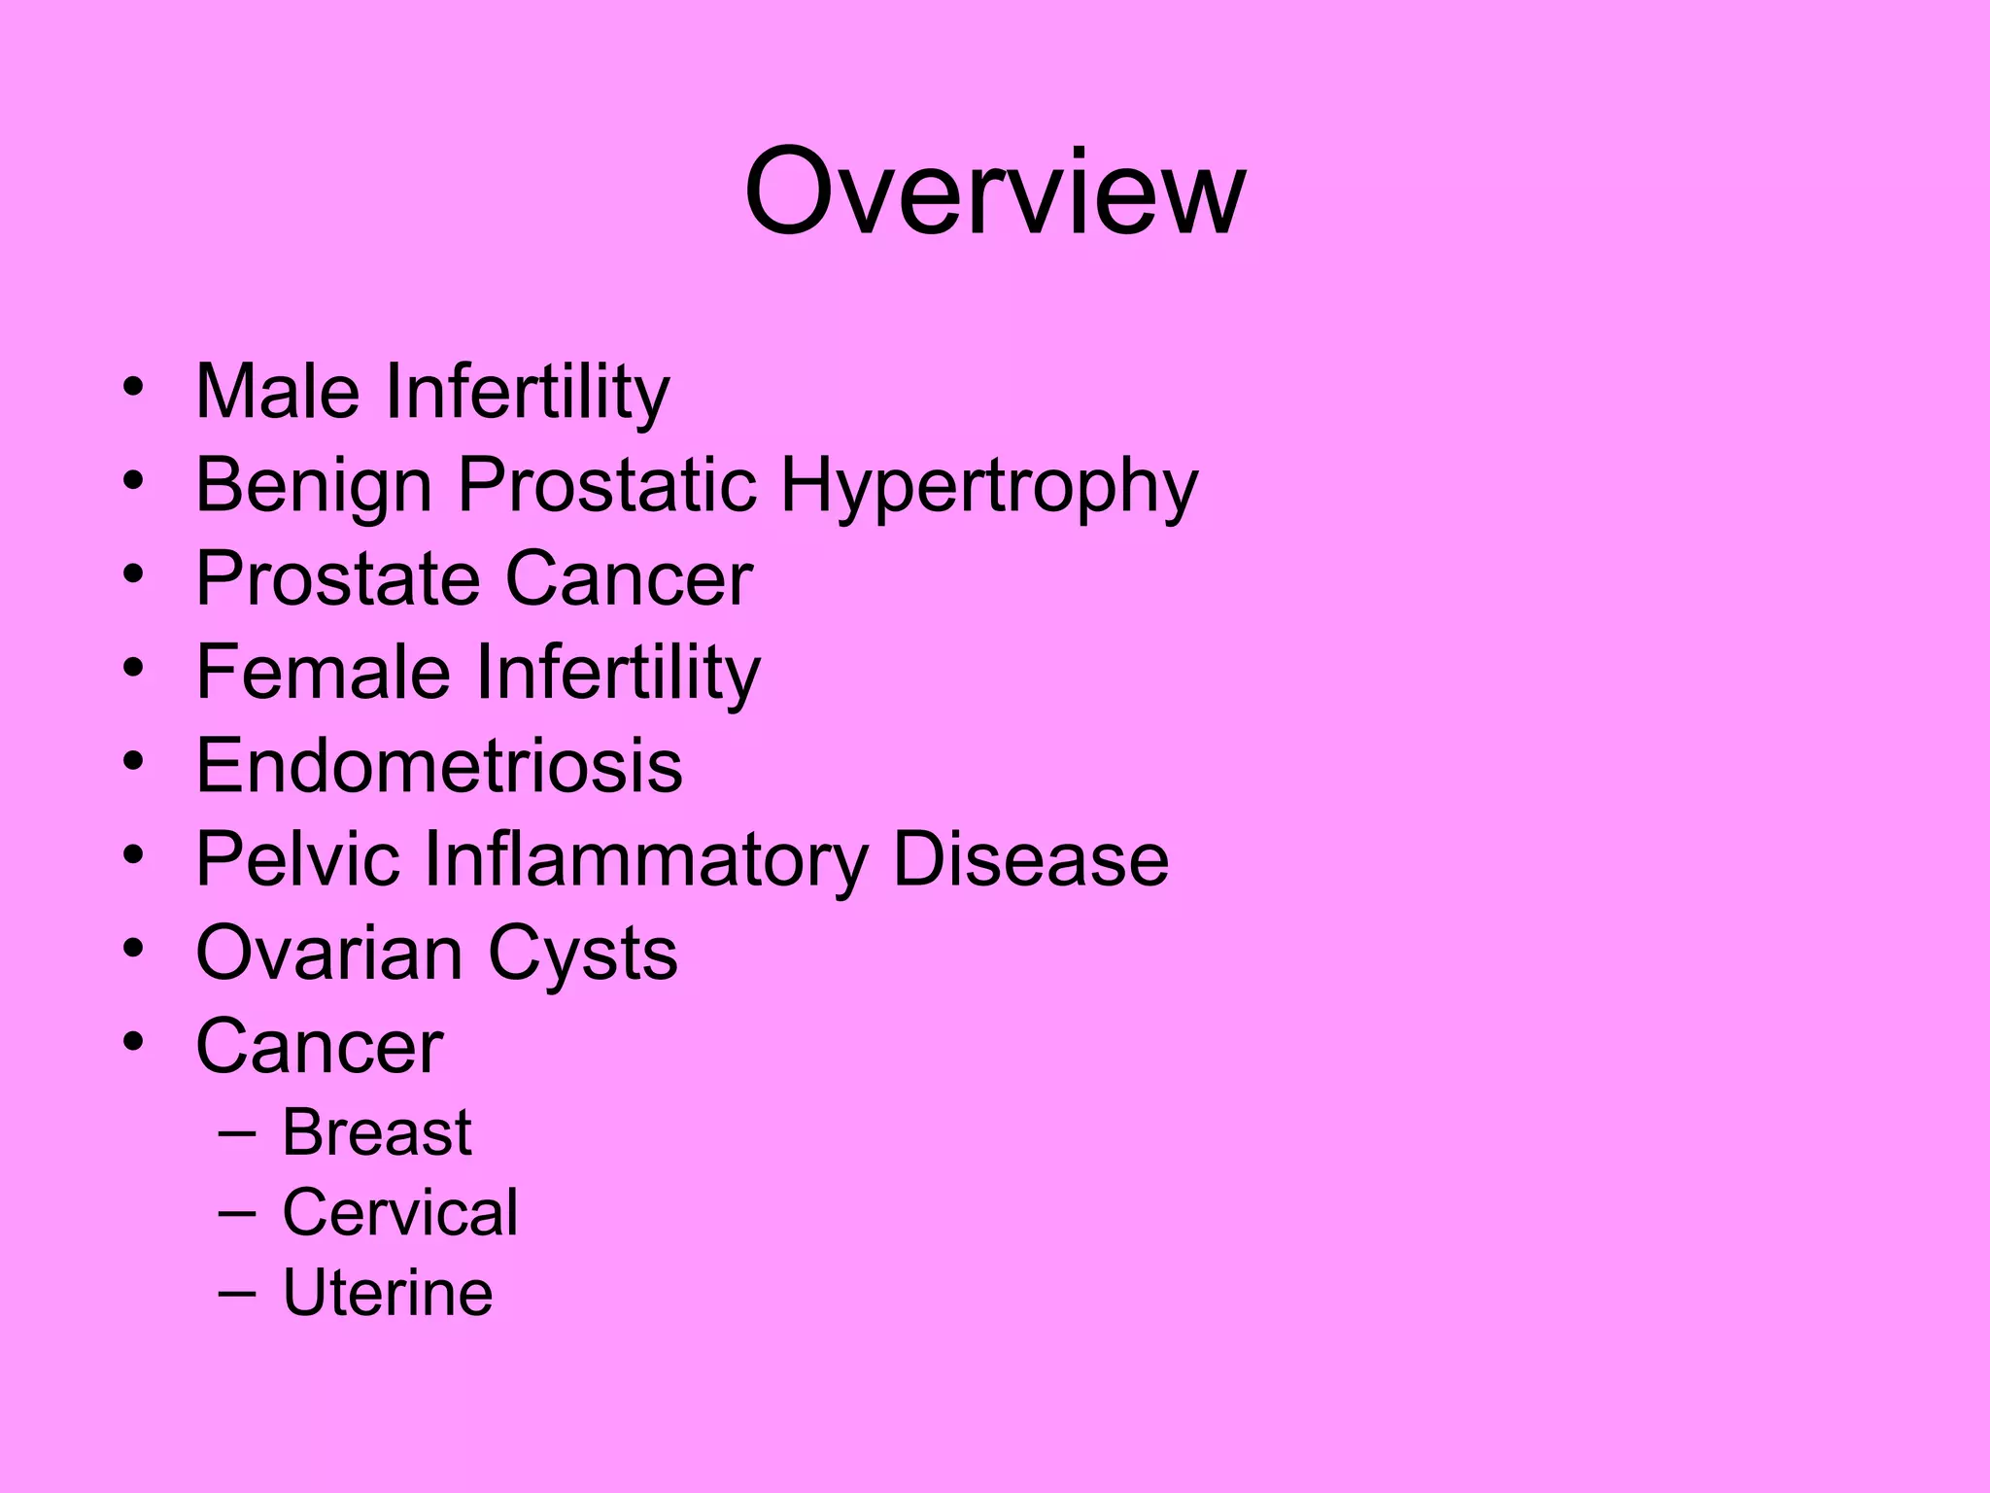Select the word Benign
(x=313, y=485)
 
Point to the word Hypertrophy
(x=989, y=485)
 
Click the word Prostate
(x=338, y=578)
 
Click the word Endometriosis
(x=439, y=765)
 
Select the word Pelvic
(x=297, y=858)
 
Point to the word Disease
(x=1030, y=858)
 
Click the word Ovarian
(x=328, y=953)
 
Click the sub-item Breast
(x=376, y=1132)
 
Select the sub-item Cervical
(x=400, y=1212)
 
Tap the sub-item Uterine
(x=388, y=1293)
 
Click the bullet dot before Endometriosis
(x=134, y=762)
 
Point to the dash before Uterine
(x=237, y=1293)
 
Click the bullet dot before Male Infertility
(x=134, y=388)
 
